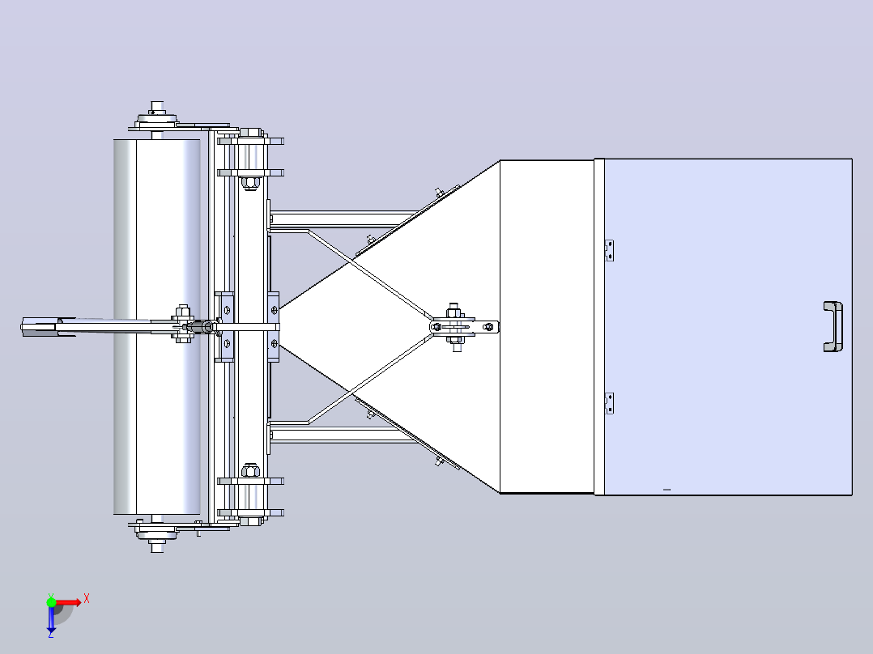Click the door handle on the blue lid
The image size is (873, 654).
833,327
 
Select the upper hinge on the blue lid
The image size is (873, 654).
609,250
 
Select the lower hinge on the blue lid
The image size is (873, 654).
609,403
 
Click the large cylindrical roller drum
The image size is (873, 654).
157,327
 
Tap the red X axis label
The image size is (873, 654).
87,599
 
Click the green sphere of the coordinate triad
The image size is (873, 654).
51,601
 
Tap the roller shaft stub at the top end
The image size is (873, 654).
157,107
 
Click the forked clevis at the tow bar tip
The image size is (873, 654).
40,327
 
